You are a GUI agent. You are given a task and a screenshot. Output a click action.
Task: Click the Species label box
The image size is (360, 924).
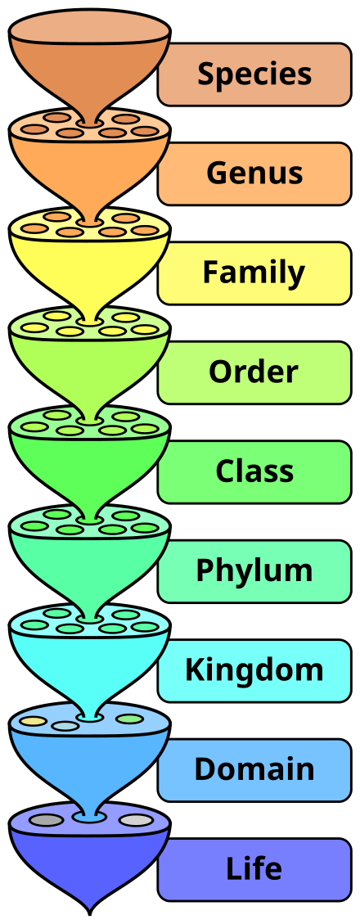click(254, 74)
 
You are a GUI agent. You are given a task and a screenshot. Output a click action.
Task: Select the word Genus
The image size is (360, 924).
click(254, 174)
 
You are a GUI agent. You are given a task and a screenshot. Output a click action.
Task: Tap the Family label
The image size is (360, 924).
click(254, 273)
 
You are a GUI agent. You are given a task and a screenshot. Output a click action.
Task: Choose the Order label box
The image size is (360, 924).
click(254, 372)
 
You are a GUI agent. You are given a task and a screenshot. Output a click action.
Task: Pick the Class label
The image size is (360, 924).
click(254, 472)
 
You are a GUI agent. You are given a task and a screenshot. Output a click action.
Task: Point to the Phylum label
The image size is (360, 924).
click(254, 571)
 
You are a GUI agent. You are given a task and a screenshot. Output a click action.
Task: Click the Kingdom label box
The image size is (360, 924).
click(254, 670)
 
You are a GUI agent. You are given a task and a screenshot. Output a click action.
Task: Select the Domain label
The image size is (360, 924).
click(254, 770)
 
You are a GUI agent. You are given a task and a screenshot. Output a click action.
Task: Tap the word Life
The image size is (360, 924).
click(254, 869)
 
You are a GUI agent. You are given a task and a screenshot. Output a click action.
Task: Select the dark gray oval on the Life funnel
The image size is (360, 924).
click(47, 820)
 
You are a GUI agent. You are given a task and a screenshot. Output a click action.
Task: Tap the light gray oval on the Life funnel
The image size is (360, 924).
click(136, 820)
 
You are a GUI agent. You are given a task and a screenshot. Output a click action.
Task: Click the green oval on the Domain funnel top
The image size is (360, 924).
click(129, 719)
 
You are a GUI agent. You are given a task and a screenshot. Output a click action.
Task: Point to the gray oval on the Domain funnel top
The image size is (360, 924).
click(65, 726)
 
